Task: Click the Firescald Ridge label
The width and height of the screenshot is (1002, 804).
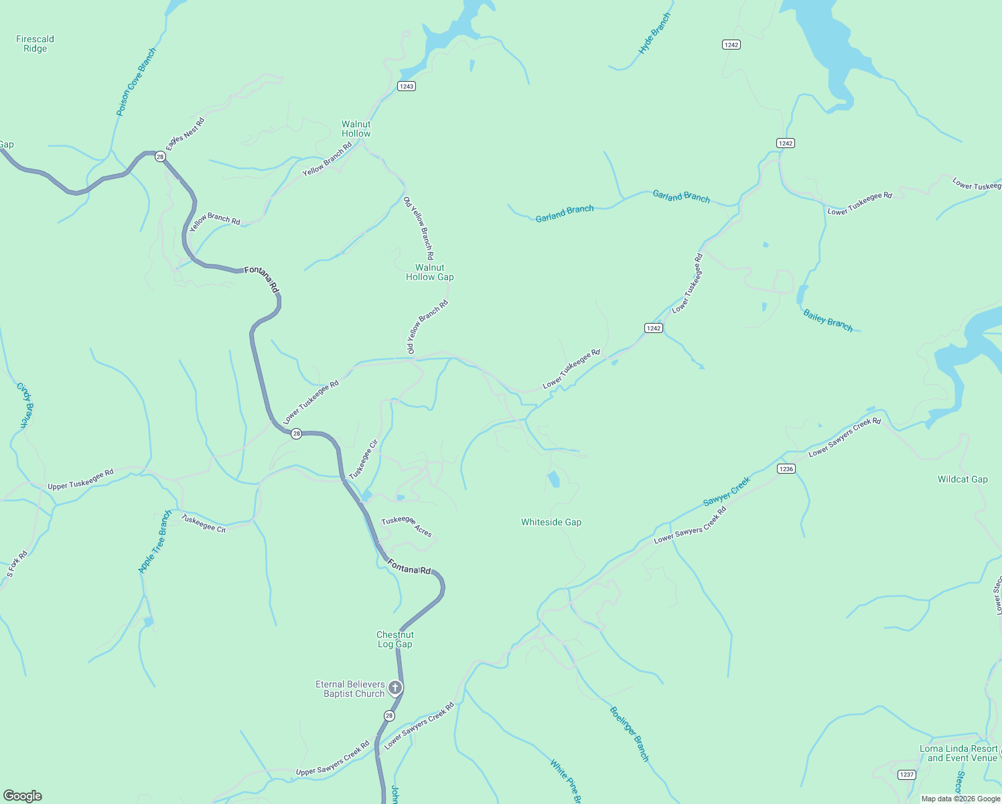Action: (35, 44)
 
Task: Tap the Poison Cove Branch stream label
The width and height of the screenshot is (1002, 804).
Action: (136, 82)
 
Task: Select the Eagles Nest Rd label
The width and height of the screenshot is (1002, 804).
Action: (186, 133)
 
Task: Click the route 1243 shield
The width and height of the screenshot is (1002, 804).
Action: (406, 86)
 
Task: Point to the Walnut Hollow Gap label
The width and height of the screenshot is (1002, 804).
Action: (429, 272)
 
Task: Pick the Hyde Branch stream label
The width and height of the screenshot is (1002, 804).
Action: (654, 33)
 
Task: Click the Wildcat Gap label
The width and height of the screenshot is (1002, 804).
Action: (962, 479)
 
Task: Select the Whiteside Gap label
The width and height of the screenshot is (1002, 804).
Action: (551, 522)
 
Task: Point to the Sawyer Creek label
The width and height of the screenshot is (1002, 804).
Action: (727, 491)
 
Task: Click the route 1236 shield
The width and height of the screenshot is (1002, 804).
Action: (786, 469)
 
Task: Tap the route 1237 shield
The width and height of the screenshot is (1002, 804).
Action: (906, 775)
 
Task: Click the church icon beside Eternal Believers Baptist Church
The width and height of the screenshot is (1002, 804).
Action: (395, 687)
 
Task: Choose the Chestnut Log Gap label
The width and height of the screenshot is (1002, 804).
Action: (395, 639)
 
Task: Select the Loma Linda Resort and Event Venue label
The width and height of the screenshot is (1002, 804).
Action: (958, 753)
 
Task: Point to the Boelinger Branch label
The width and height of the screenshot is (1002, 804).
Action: (629, 734)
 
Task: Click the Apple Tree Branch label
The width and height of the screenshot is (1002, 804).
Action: (155, 541)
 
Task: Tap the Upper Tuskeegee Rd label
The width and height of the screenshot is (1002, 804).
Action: (80, 479)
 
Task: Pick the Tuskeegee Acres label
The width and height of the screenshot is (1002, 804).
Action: (407, 526)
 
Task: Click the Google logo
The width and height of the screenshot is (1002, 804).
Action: (23, 795)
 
